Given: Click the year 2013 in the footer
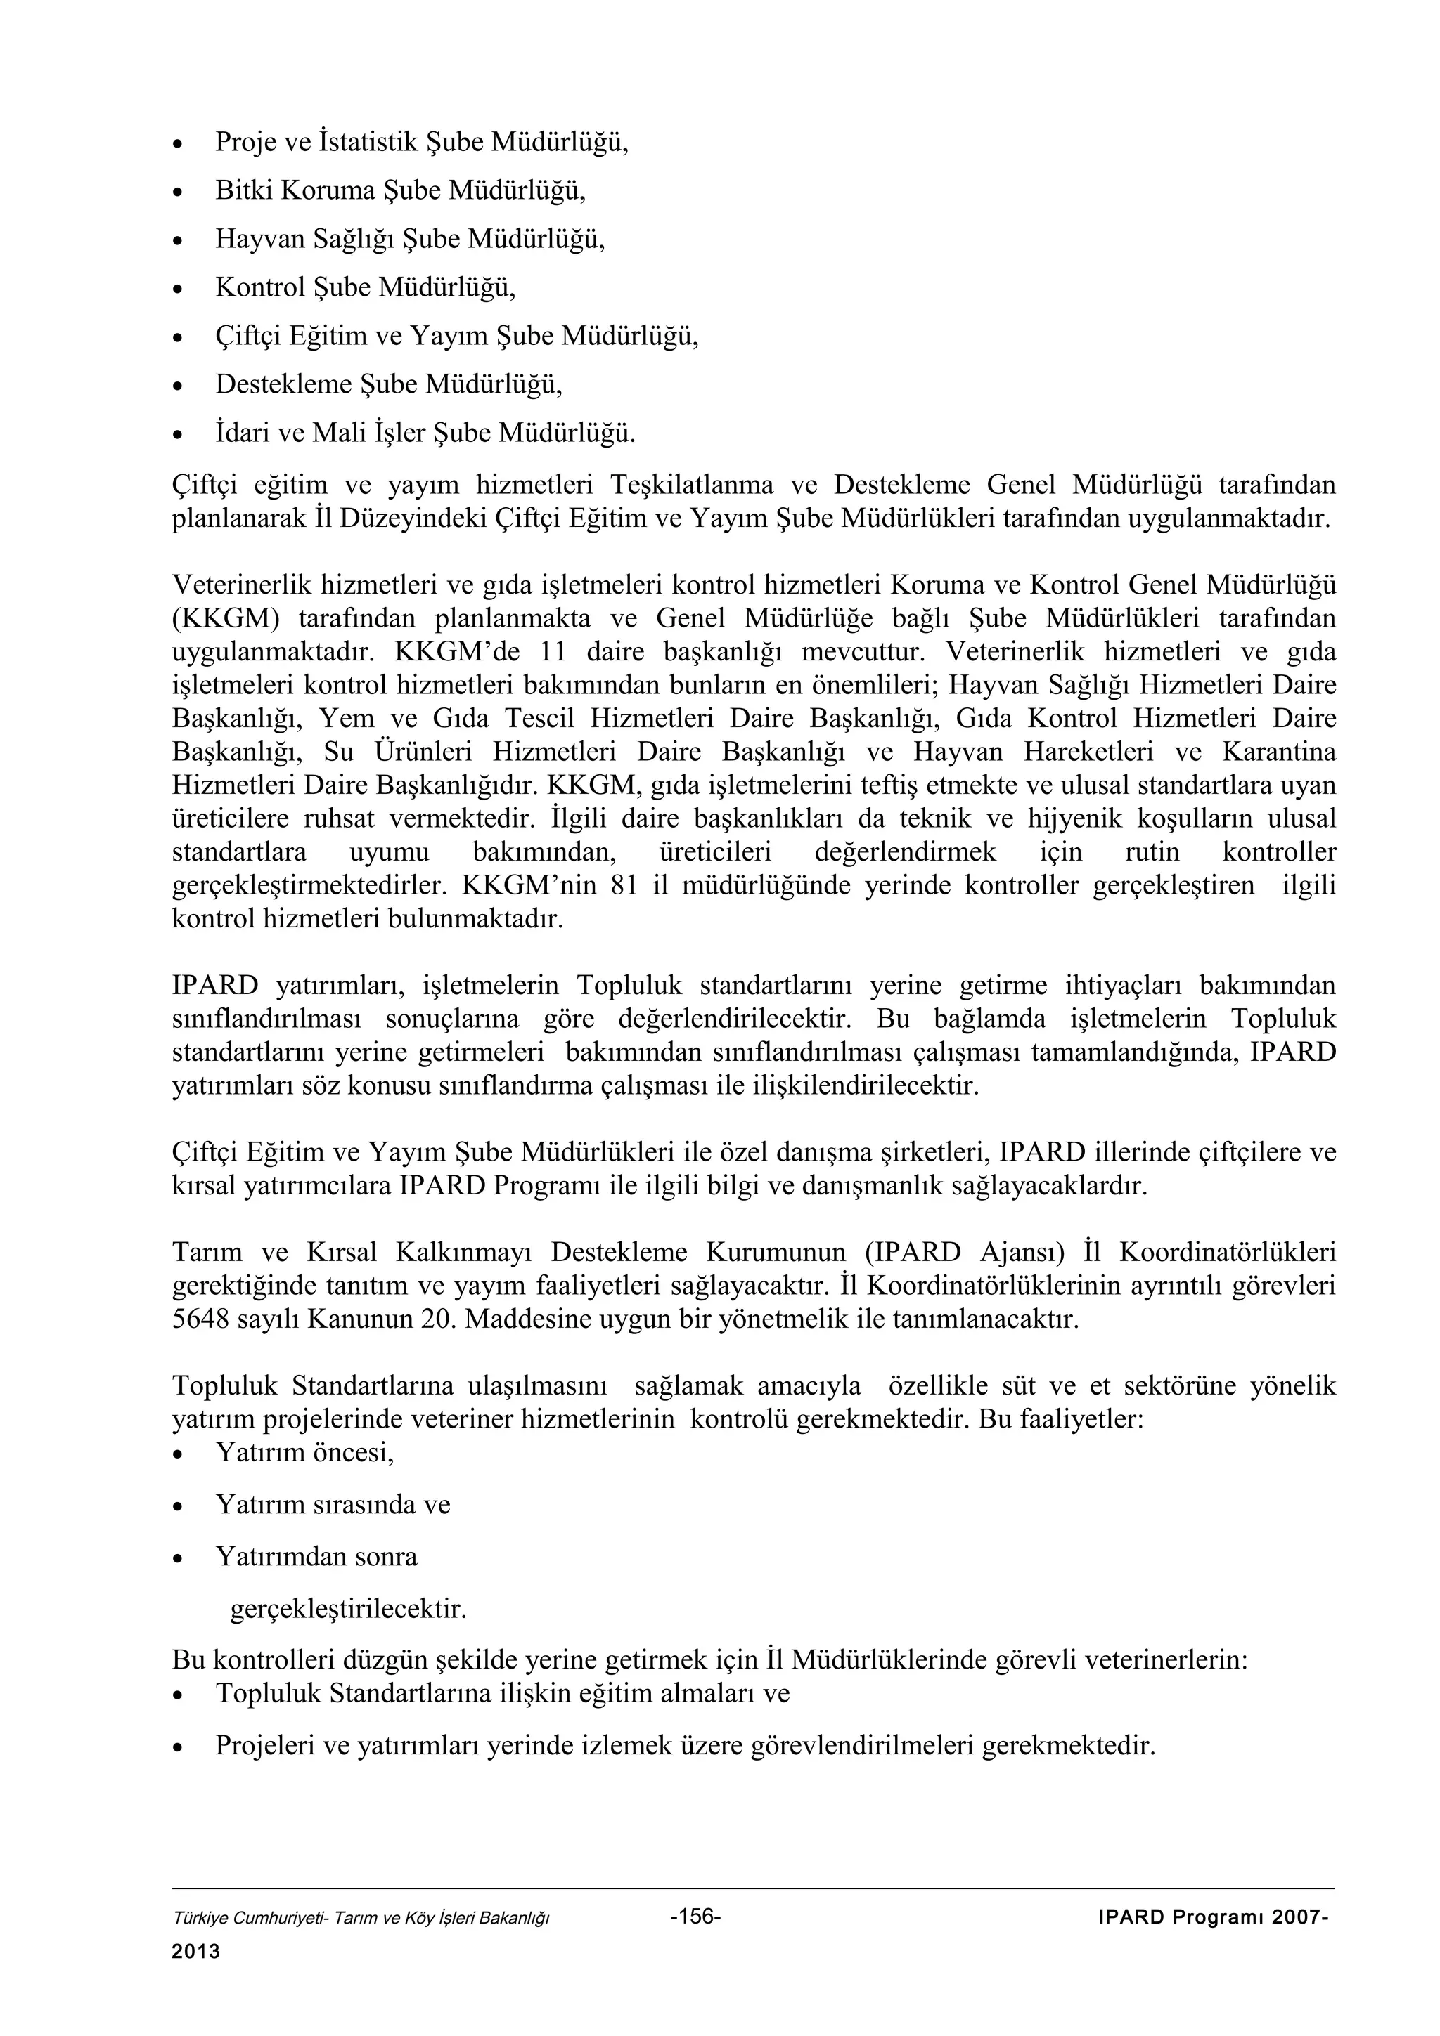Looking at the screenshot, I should pyautogui.click(x=195, y=1952).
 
